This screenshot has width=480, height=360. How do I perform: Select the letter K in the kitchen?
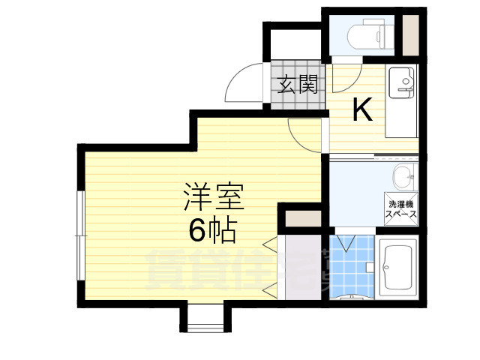[362, 111]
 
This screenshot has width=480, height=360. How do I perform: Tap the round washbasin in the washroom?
[403, 178]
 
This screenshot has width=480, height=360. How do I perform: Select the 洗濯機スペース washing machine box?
[401, 208]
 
